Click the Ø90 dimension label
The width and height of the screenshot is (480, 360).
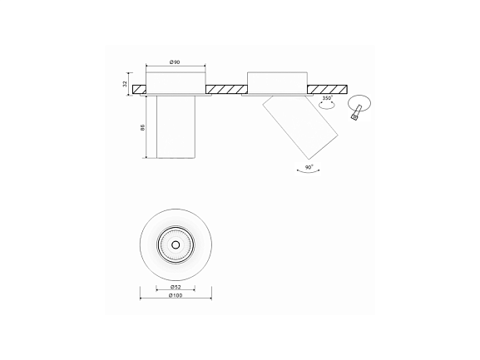pyautogui.click(x=175, y=62)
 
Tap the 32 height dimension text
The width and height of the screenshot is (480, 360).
pyautogui.click(x=125, y=84)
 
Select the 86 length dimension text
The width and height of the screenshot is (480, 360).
pyautogui.click(x=142, y=127)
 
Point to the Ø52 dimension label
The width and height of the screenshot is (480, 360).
pyautogui.click(x=176, y=287)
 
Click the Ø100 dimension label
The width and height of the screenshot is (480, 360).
pyautogui.click(x=176, y=295)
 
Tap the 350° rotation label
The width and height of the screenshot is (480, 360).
pyautogui.click(x=328, y=98)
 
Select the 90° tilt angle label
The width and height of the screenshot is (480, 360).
pyautogui.click(x=309, y=167)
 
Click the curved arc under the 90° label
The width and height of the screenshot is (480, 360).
pyautogui.click(x=309, y=172)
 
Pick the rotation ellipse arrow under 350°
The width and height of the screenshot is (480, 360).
pyautogui.click(x=327, y=105)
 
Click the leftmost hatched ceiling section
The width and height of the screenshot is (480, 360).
pyautogui.click(x=139, y=89)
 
